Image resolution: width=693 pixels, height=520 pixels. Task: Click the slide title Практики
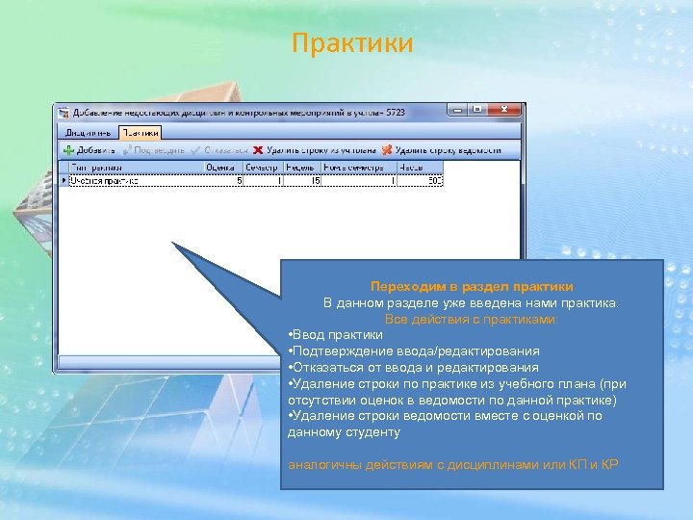pyautogui.click(x=351, y=44)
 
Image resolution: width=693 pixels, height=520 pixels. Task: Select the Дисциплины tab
pyautogui.click(x=89, y=132)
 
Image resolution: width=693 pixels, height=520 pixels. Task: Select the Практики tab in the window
pyautogui.click(x=141, y=132)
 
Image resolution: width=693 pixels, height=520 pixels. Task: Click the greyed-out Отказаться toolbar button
pyautogui.click(x=219, y=150)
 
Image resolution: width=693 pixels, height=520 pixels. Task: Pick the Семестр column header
pyautogui.click(x=262, y=168)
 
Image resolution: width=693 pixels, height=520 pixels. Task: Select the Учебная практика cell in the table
pyautogui.click(x=106, y=180)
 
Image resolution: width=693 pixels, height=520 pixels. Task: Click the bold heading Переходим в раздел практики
pyautogui.click(x=472, y=287)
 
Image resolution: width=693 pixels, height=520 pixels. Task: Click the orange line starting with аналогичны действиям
pyautogui.click(x=453, y=466)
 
